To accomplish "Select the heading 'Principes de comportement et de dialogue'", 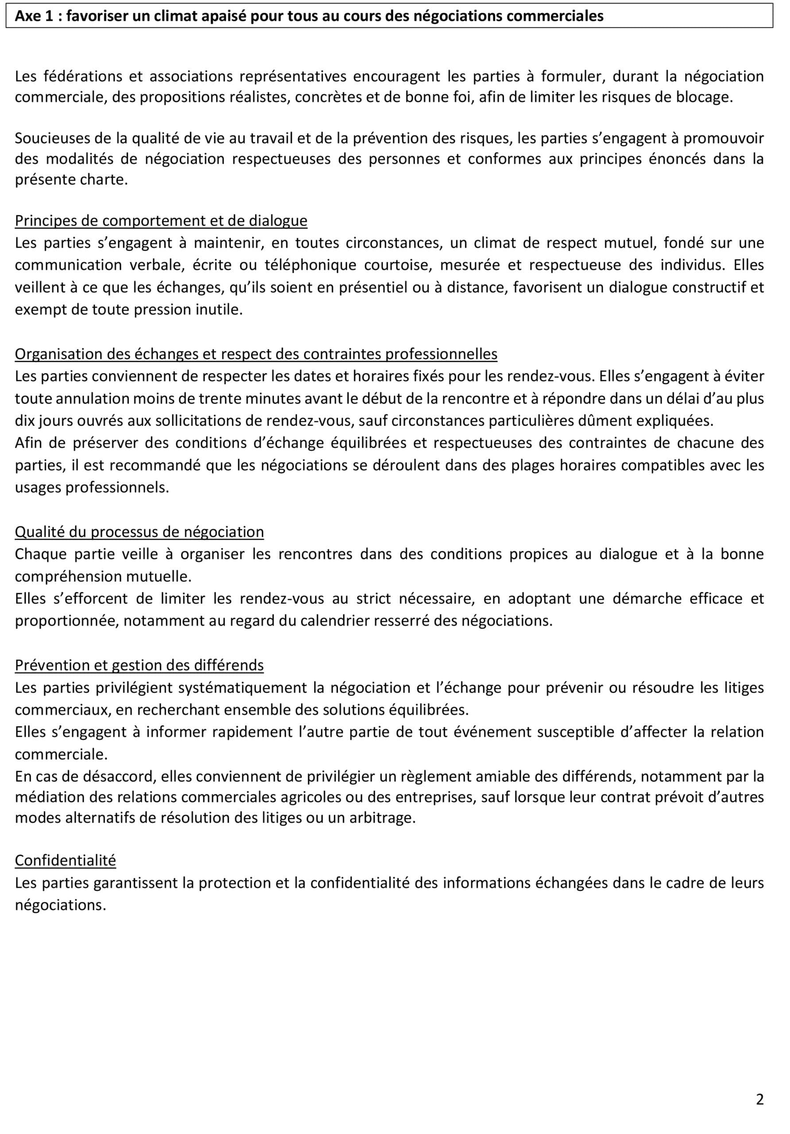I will (161, 220).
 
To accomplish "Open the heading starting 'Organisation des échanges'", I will (256, 353).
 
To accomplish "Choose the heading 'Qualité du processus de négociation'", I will (139, 532).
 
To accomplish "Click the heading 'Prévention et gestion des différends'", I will (139, 665).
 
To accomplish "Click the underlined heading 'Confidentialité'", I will (65, 860).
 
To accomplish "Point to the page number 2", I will (759, 1099).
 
